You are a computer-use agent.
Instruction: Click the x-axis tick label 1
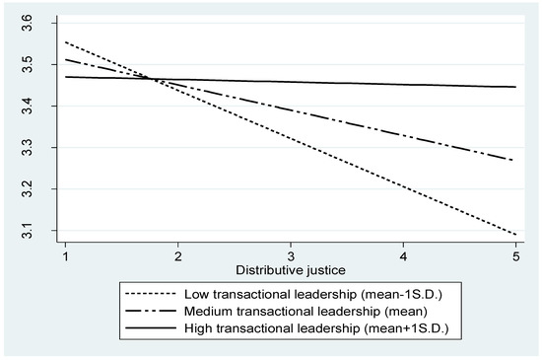click(65, 255)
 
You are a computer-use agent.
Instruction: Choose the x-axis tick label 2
click(177, 255)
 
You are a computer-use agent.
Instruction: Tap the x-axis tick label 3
click(290, 255)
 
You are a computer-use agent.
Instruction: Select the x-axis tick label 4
click(402, 255)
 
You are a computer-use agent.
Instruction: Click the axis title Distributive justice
click(289, 269)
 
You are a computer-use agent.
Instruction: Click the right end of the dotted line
click(513, 235)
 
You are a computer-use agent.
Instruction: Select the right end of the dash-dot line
click(513, 160)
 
